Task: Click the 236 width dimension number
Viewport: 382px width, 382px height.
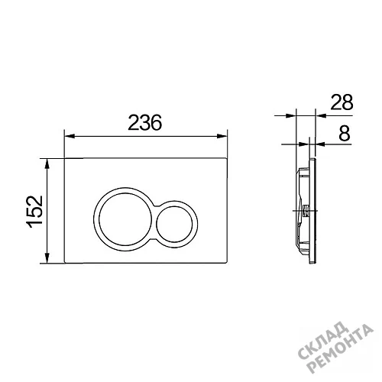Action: (x=144, y=122)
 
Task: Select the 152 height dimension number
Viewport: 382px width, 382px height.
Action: (x=34, y=212)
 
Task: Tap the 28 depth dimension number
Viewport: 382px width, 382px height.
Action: (x=342, y=102)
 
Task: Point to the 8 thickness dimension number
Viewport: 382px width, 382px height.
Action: (x=345, y=133)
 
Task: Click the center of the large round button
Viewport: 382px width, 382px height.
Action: (x=125, y=219)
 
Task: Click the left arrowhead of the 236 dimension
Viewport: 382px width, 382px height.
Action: (x=70, y=136)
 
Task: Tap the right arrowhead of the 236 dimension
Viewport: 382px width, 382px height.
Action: (x=222, y=136)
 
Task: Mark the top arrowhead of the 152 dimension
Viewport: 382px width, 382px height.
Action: (x=47, y=163)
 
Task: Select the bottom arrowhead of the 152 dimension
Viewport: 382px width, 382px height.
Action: (x=47, y=257)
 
